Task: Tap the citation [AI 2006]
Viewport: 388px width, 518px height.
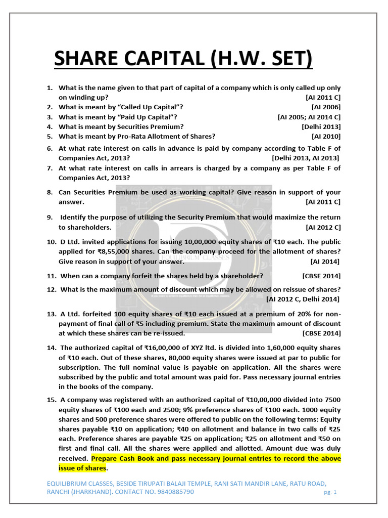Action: [326, 107]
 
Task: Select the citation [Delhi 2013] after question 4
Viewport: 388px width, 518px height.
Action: [321, 126]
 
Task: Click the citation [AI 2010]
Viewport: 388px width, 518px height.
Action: [326, 136]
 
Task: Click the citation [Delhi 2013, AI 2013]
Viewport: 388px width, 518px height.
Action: [306, 158]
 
